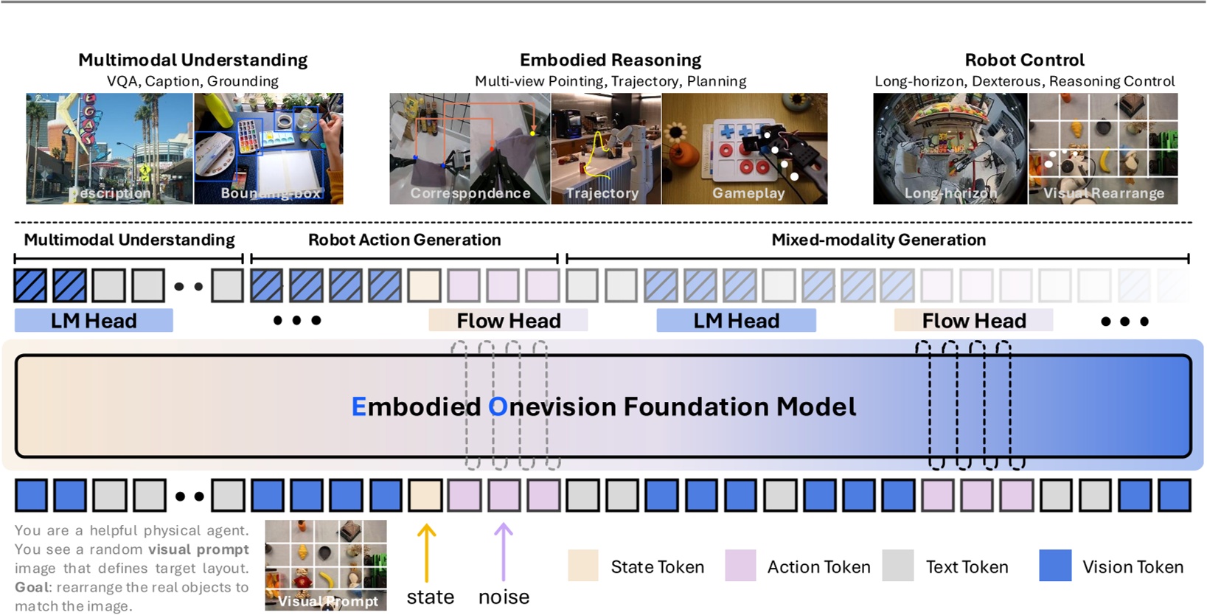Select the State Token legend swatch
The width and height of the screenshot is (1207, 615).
[582, 566]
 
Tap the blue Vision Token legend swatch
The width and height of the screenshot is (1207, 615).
[1054, 566]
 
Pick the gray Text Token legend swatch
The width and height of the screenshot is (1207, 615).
[897, 566]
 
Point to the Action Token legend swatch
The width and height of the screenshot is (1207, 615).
[740, 566]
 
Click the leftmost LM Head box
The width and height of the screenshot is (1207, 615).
[94, 321]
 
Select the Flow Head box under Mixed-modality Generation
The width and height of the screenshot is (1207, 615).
[973, 321]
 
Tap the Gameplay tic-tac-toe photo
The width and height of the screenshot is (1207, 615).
[745, 147]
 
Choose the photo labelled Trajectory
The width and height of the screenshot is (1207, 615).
[605, 147]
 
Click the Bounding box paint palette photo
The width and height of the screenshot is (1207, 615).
[268, 147]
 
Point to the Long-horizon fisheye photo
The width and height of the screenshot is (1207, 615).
[950, 147]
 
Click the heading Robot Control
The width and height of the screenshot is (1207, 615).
[1024, 60]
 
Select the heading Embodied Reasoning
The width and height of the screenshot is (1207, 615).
[610, 60]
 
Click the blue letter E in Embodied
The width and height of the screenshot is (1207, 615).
[358, 406]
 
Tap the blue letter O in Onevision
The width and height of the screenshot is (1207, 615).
[498, 406]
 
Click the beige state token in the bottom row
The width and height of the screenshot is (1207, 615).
[425, 496]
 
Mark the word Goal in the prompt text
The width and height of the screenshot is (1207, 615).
[32, 588]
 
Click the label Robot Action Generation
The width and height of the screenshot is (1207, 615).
[404, 240]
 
